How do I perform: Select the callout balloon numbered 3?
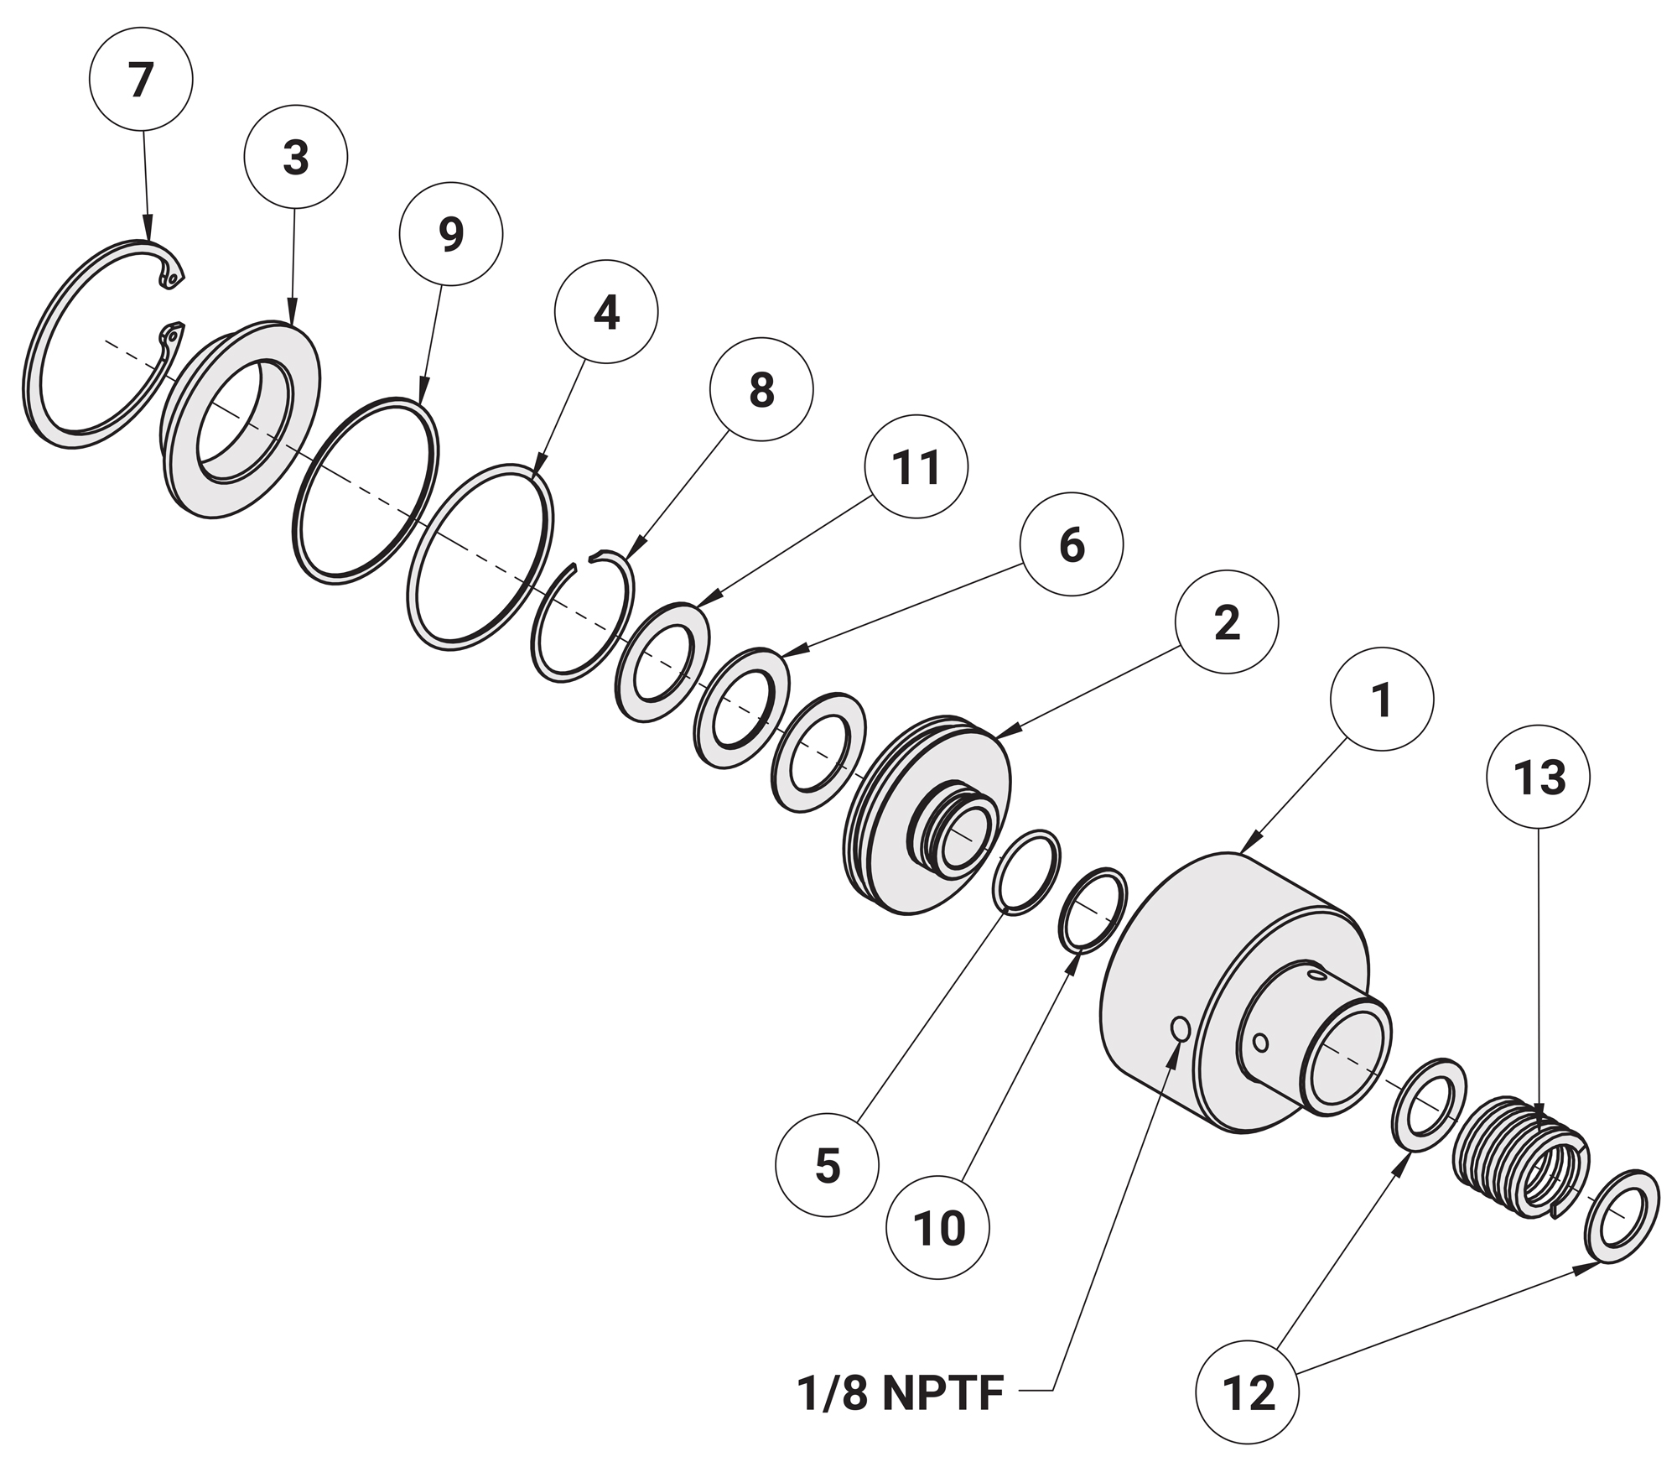(x=295, y=157)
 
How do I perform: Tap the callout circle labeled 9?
(x=451, y=234)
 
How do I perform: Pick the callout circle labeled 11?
(x=916, y=466)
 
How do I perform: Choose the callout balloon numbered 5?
(x=827, y=1166)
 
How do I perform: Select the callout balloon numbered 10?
(x=938, y=1229)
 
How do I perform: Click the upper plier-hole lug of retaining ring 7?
(x=173, y=276)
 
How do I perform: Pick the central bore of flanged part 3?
(x=245, y=422)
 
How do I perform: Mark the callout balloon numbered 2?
(x=1226, y=622)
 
